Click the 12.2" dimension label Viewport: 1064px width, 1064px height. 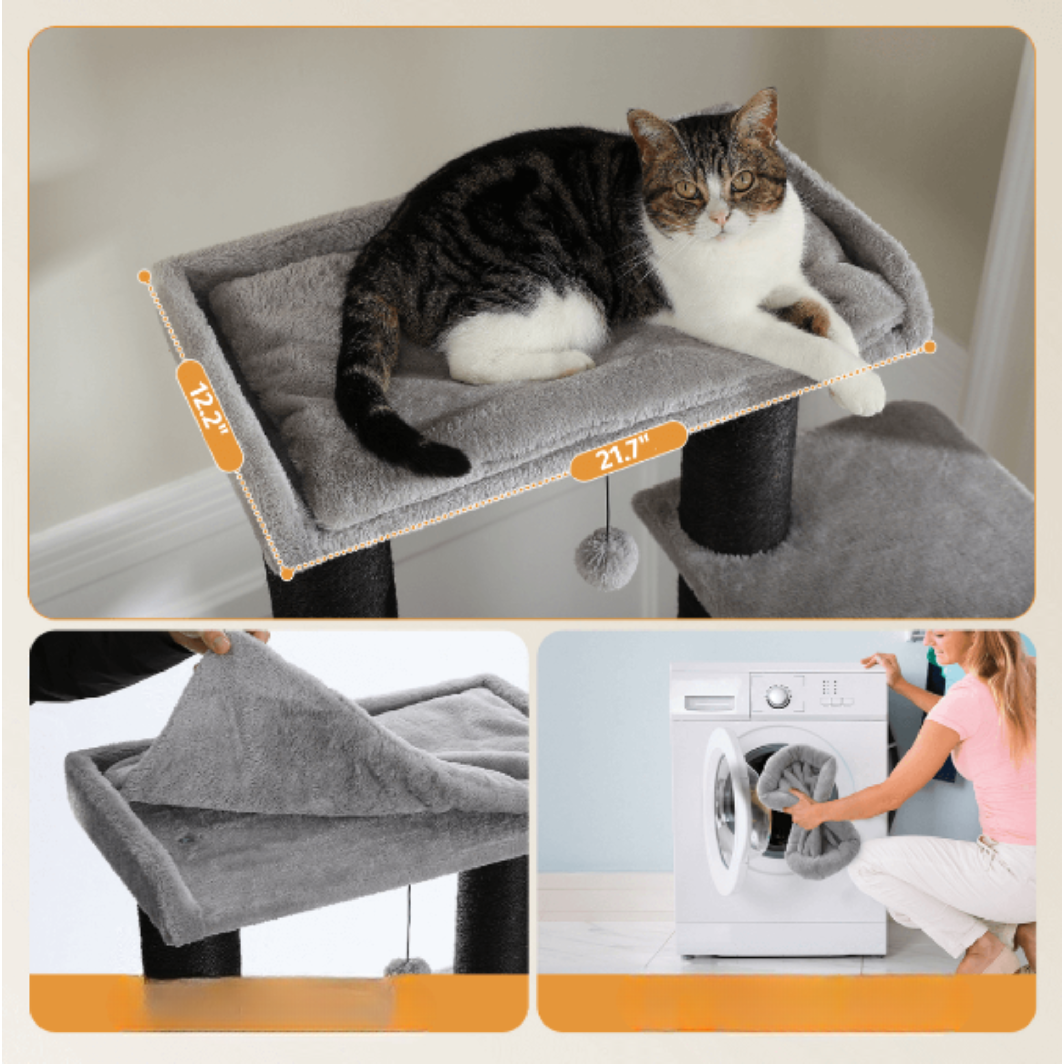[x=209, y=416]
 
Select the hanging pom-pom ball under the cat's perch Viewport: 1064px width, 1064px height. [x=606, y=557]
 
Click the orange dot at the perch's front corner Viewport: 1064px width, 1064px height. [x=286, y=574]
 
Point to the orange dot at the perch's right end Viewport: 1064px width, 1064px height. [x=929, y=347]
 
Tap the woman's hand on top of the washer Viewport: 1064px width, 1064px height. [x=881, y=663]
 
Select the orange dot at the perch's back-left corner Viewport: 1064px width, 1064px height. [x=145, y=276]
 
